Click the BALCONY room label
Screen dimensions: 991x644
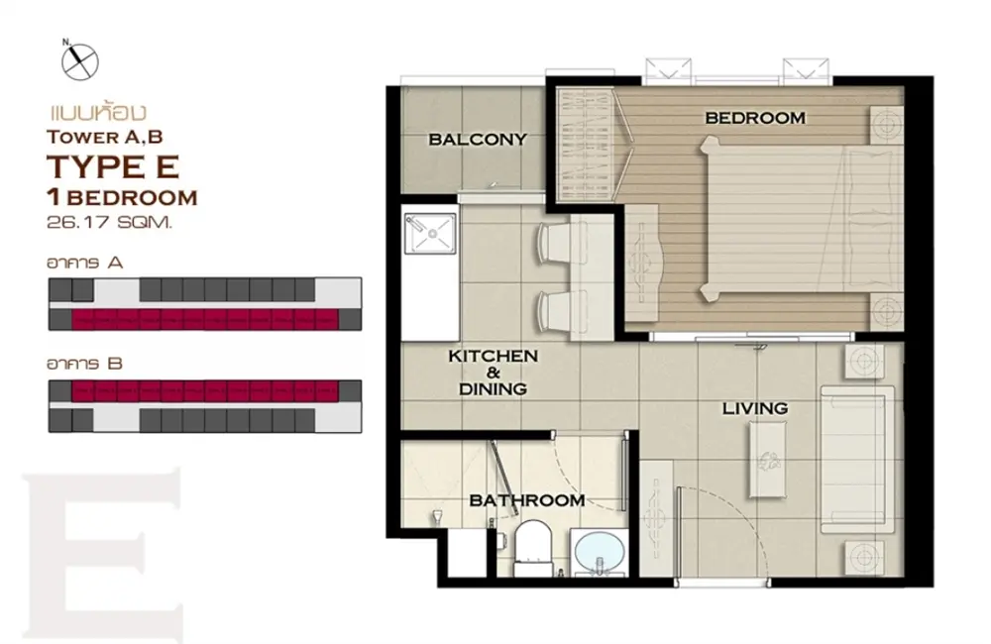(x=478, y=139)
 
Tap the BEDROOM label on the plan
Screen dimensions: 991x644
(x=755, y=118)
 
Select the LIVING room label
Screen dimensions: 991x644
(x=754, y=408)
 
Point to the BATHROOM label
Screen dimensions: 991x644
(x=527, y=500)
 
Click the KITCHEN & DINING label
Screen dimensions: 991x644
(x=493, y=373)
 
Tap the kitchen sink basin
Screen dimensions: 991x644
(x=431, y=233)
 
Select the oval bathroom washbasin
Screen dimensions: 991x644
(x=598, y=551)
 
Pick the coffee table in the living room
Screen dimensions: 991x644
(x=769, y=460)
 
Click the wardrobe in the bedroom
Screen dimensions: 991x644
(x=585, y=145)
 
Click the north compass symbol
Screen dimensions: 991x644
(x=79, y=60)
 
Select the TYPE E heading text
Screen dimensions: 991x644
(x=113, y=166)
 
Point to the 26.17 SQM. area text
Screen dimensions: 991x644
(x=109, y=223)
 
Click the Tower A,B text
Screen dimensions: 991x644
(x=104, y=137)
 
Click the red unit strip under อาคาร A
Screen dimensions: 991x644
(x=205, y=319)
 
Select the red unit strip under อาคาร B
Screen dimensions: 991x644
(x=205, y=391)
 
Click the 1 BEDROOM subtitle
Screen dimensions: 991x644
(x=122, y=198)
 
